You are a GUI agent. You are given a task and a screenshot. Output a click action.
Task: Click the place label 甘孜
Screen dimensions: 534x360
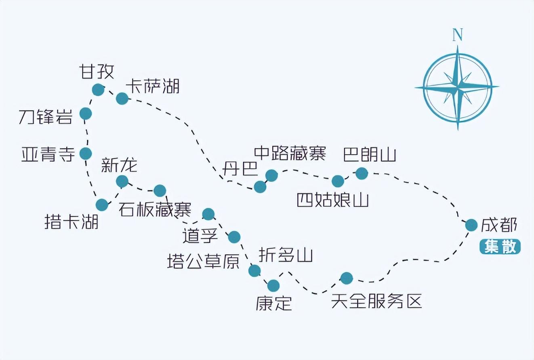tap(97, 71)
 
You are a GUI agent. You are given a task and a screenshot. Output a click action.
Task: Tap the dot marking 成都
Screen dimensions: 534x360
tap(471, 225)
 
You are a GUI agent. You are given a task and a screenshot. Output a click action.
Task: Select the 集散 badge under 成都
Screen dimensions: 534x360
tap(500, 246)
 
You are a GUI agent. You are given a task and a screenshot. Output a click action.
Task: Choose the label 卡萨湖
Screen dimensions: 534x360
tap(153, 86)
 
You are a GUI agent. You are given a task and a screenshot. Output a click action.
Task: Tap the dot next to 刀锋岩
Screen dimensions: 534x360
tap(86, 114)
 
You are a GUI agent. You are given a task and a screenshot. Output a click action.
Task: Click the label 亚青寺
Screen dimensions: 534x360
tap(48, 154)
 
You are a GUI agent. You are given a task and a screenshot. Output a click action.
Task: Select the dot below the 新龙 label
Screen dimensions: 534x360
tap(122, 182)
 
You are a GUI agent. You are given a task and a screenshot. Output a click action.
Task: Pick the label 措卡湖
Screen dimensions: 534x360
tap(71, 222)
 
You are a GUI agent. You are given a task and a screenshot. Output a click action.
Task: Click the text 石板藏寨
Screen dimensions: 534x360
tap(155, 209)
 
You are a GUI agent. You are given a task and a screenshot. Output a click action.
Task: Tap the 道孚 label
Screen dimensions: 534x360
tap(200, 235)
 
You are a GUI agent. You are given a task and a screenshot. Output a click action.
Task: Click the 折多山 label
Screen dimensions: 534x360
tap(286, 255)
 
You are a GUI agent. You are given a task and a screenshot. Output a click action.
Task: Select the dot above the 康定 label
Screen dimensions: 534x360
tap(273, 286)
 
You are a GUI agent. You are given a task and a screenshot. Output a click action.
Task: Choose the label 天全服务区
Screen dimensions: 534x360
tap(376, 301)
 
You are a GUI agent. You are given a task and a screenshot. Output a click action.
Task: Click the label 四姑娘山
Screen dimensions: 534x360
tap(333, 200)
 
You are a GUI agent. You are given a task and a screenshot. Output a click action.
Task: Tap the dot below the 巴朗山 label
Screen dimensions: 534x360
tap(362, 174)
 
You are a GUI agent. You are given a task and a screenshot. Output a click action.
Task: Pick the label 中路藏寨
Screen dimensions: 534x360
tap(290, 153)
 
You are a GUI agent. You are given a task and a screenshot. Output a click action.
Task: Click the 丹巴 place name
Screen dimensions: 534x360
tap(240, 168)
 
